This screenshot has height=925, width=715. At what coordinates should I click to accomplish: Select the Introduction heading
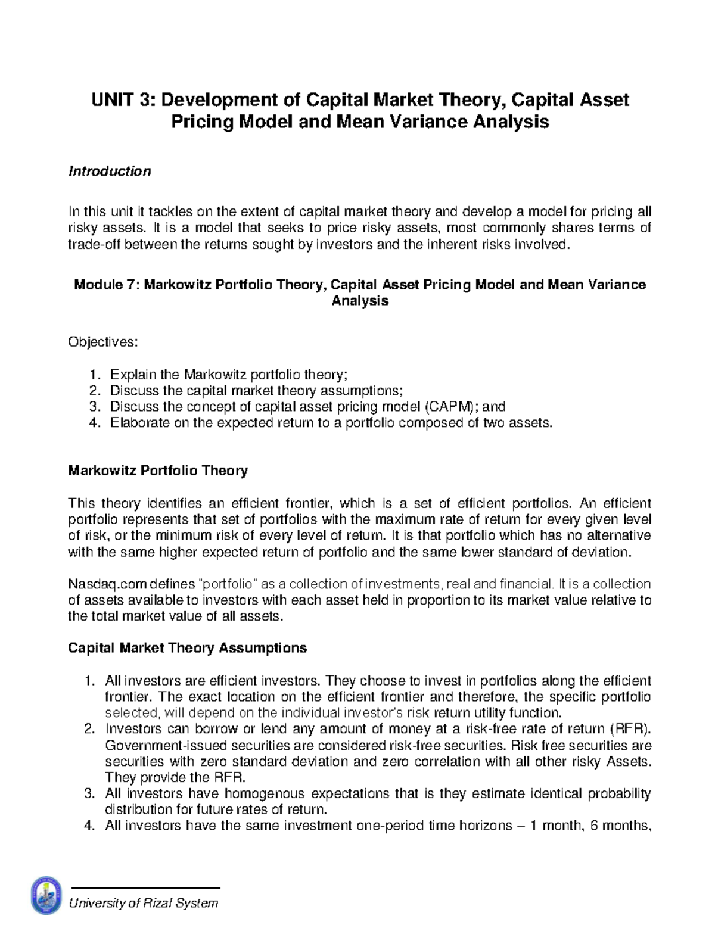point(110,172)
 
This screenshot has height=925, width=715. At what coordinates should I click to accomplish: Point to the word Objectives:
point(103,342)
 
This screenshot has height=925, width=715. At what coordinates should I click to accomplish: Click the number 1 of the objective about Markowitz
point(92,375)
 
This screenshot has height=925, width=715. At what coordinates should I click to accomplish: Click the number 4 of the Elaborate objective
point(92,423)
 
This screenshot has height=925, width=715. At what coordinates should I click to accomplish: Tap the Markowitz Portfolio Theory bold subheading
point(158,471)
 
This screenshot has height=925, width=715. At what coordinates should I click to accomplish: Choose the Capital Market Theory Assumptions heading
point(188,648)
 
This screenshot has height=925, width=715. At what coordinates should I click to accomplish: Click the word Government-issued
point(151,746)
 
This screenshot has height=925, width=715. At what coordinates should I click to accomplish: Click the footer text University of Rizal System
point(144,903)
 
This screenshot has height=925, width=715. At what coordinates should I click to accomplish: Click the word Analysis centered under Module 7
point(360,301)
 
